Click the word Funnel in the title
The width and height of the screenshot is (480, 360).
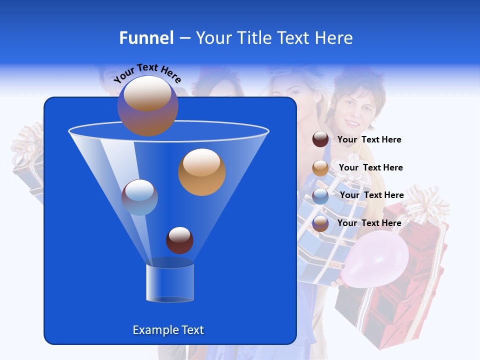(146, 38)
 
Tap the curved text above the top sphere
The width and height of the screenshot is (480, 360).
(147, 73)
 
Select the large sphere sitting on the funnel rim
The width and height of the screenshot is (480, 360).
(148, 106)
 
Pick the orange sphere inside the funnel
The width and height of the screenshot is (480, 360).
(201, 172)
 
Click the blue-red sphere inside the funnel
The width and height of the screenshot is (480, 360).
(139, 197)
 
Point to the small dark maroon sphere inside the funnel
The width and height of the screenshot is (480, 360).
(179, 240)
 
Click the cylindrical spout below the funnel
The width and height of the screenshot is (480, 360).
(170, 283)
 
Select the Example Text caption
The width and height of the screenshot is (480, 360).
(168, 330)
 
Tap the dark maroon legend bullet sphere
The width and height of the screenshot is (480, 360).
(320, 139)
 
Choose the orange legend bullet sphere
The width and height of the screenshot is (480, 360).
(320, 168)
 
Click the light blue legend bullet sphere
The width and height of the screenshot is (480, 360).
(320, 196)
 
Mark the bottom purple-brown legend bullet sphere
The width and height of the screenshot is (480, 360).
(320, 223)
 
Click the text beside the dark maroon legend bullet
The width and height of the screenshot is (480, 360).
(369, 139)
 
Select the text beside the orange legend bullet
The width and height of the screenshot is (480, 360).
(370, 167)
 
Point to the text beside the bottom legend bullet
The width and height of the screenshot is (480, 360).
(369, 223)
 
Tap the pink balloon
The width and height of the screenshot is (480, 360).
(376, 259)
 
